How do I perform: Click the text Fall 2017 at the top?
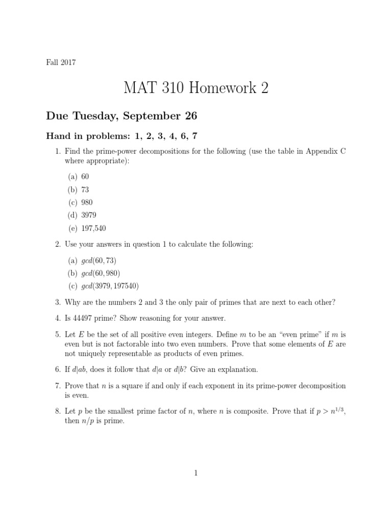61,62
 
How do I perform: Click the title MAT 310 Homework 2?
195,88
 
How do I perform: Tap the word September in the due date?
158,116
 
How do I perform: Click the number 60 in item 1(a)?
85,176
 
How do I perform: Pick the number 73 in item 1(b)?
85,189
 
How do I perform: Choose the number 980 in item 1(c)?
87,202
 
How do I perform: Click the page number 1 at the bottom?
195,473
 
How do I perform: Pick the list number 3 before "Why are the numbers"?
58,302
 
